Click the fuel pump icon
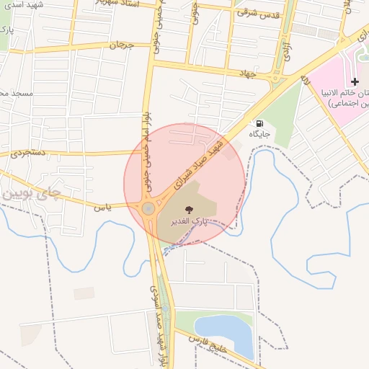pos(259,123)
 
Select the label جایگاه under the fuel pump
pos(261,134)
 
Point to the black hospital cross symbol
pos(354,81)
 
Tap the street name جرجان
pos(122,45)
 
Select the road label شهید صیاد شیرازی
pos(200,166)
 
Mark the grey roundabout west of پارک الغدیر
pos(148,209)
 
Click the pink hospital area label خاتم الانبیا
pos(339,94)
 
